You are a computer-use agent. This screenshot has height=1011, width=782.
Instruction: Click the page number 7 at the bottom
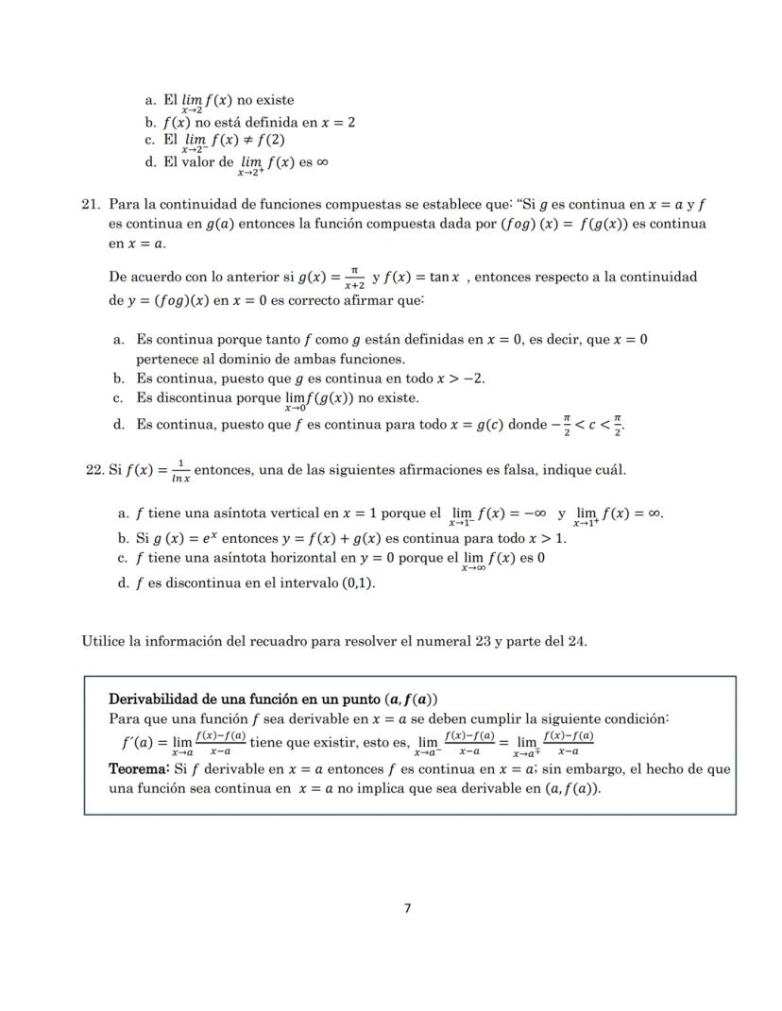[407, 908]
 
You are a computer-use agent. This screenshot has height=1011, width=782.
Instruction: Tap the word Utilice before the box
[105, 642]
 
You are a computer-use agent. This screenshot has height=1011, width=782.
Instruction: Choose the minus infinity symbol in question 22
[534, 514]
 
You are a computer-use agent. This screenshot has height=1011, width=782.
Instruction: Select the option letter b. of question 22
[123, 539]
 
